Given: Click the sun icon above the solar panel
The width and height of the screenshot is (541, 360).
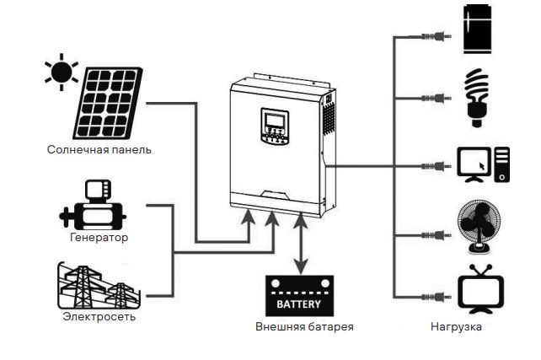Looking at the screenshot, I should point(62,73).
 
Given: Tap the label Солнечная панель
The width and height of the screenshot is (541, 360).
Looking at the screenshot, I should point(99,150).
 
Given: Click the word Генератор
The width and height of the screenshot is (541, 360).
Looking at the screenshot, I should point(99,238).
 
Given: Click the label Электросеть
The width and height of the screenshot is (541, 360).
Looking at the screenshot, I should point(99,317).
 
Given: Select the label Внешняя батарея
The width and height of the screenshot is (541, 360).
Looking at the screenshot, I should point(304,326).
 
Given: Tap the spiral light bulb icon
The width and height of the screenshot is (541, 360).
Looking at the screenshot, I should point(478,96).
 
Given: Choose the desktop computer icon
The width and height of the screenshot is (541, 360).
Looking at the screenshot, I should point(483,164).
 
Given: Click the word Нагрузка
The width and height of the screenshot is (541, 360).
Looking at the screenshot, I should point(456,326).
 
